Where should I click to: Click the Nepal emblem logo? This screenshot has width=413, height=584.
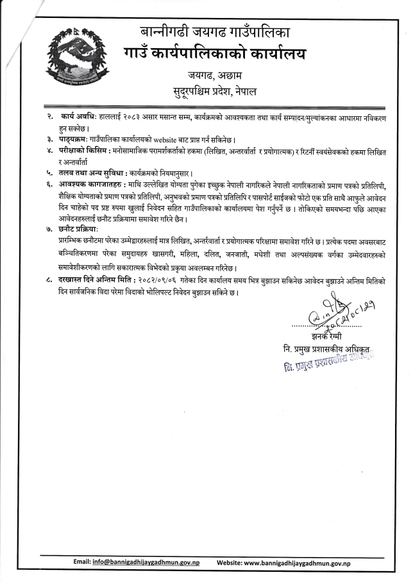pos(76,58)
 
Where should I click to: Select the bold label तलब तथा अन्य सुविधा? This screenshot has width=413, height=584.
pos(92,173)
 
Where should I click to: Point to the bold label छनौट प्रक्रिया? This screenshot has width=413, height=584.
pos(81,229)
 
